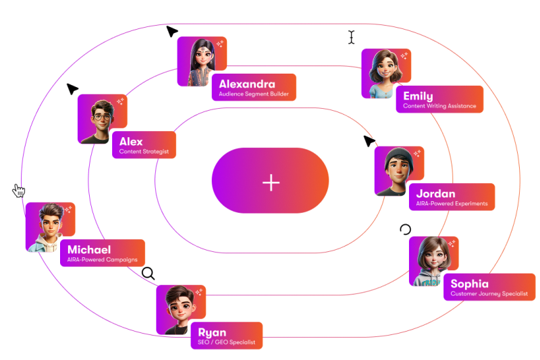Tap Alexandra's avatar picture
tap(201, 61)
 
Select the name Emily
tap(418, 96)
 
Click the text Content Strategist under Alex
tap(144, 152)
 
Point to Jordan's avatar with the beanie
tap(398, 172)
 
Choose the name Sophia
tap(469, 284)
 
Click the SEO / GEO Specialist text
tap(226, 343)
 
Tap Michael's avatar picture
tap(50, 228)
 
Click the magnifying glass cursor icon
tap(148, 273)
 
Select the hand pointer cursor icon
tap(19, 191)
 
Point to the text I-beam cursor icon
tap(351, 36)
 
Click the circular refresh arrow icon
tap(405, 230)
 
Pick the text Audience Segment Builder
tap(254, 95)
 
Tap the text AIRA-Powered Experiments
tap(452, 204)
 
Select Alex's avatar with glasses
tap(101, 119)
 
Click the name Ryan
tap(212, 332)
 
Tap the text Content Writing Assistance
tap(439, 106)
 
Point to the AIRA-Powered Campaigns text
tap(103, 259)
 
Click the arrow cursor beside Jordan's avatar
tap(369, 141)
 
